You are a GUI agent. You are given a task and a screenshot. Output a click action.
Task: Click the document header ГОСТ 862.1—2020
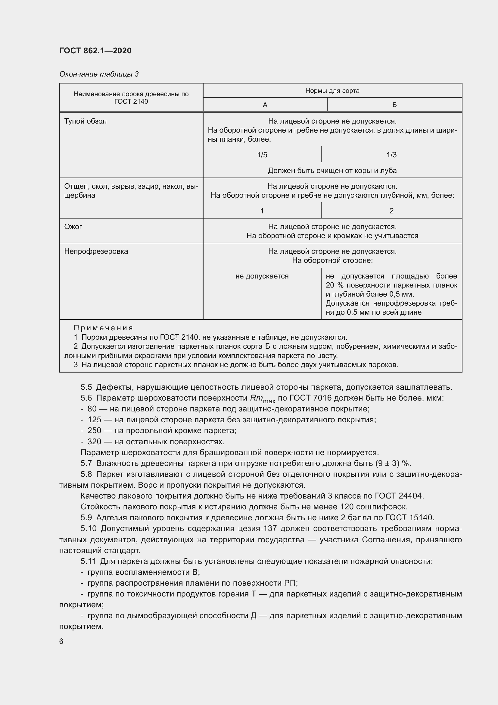click(x=95, y=51)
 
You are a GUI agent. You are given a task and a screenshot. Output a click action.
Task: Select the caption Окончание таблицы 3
click(x=99, y=74)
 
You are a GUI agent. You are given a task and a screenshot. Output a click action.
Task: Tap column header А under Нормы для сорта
click(x=265, y=105)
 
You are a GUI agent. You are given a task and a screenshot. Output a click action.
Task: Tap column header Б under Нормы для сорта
click(x=394, y=105)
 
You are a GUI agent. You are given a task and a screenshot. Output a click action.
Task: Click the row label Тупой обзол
click(x=85, y=121)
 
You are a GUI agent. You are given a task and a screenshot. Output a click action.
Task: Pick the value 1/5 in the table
click(x=262, y=155)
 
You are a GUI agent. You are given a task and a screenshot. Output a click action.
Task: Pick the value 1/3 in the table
click(x=392, y=155)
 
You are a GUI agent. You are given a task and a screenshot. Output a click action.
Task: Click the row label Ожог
click(x=73, y=227)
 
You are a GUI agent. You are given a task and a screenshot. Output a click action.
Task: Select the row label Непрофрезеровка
click(x=96, y=251)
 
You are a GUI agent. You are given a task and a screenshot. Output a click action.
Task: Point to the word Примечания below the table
click(x=103, y=328)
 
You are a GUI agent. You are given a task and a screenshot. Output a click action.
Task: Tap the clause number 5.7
click(x=86, y=463)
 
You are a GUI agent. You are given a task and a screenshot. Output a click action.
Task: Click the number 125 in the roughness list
click(x=94, y=420)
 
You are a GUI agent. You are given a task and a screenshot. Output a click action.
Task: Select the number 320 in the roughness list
click(x=94, y=442)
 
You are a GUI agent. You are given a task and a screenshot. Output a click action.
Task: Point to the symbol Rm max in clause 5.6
click(x=263, y=398)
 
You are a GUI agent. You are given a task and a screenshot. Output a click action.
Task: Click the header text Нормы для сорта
click(x=332, y=91)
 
